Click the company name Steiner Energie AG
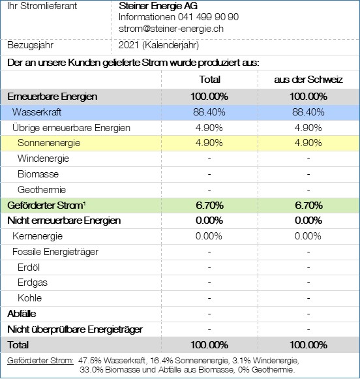pyautogui.click(x=158, y=6)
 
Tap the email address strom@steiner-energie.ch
pyautogui.click(x=171, y=29)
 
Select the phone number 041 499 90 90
pyautogui.click(x=208, y=17)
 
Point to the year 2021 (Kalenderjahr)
pyautogui.click(x=158, y=45)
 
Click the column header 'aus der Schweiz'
pyautogui.click(x=308, y=80)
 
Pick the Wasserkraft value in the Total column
pyautogui.click(x=209, y=112)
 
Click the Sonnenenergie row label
pyautogui.click(x=49, y=143)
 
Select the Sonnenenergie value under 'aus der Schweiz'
pyautogui.click(x=308, y=143)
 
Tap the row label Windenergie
pyautogui.click(x=43, y=159)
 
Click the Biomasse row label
pyautogui.click(x=38, y=174)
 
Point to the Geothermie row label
pyautogui.click(x=42, y=190)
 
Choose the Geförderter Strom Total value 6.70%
pyautogui.click(x=209, y=205)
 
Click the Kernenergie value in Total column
pyautogui.click(x=209, y=236)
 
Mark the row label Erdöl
pyautogui.click(x=29, y=267)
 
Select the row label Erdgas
pyautogui.click(x=33, y=283)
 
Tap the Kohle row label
pyautogui.click(x=30, y=298)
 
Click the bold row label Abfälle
pyautogui.click(x=22, y=314)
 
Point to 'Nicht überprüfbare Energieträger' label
pyautogui.click(x=75, y=329)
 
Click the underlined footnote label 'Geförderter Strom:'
pyautogui.click(x=40, y=361)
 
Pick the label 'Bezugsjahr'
pyautogui.click(x=30, y=45)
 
